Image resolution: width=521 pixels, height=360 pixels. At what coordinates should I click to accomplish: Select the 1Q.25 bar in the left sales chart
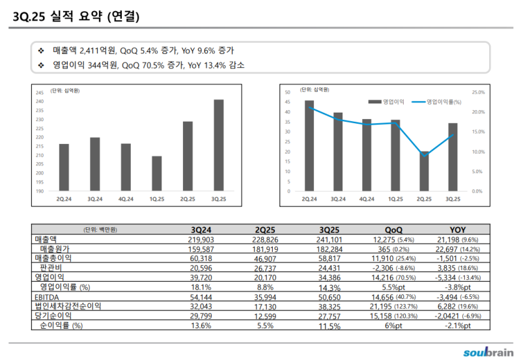(156, 174)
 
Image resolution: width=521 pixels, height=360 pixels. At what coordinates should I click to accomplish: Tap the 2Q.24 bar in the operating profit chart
(309, 146)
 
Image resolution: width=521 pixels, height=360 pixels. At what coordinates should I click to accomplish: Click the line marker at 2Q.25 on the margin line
(424, 155)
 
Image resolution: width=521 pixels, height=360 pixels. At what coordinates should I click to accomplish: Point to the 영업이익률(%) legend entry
(443, 102)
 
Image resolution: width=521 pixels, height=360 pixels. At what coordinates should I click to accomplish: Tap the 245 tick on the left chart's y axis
(40, 92)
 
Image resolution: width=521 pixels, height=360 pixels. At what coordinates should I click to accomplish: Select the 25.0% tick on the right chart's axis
(477, 92)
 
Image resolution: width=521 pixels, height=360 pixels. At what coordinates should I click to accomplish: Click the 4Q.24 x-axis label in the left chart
(126, 199)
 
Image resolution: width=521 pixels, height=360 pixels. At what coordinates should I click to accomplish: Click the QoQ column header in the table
(393, 230)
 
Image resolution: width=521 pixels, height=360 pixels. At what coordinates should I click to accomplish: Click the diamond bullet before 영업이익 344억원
(40, 65)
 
